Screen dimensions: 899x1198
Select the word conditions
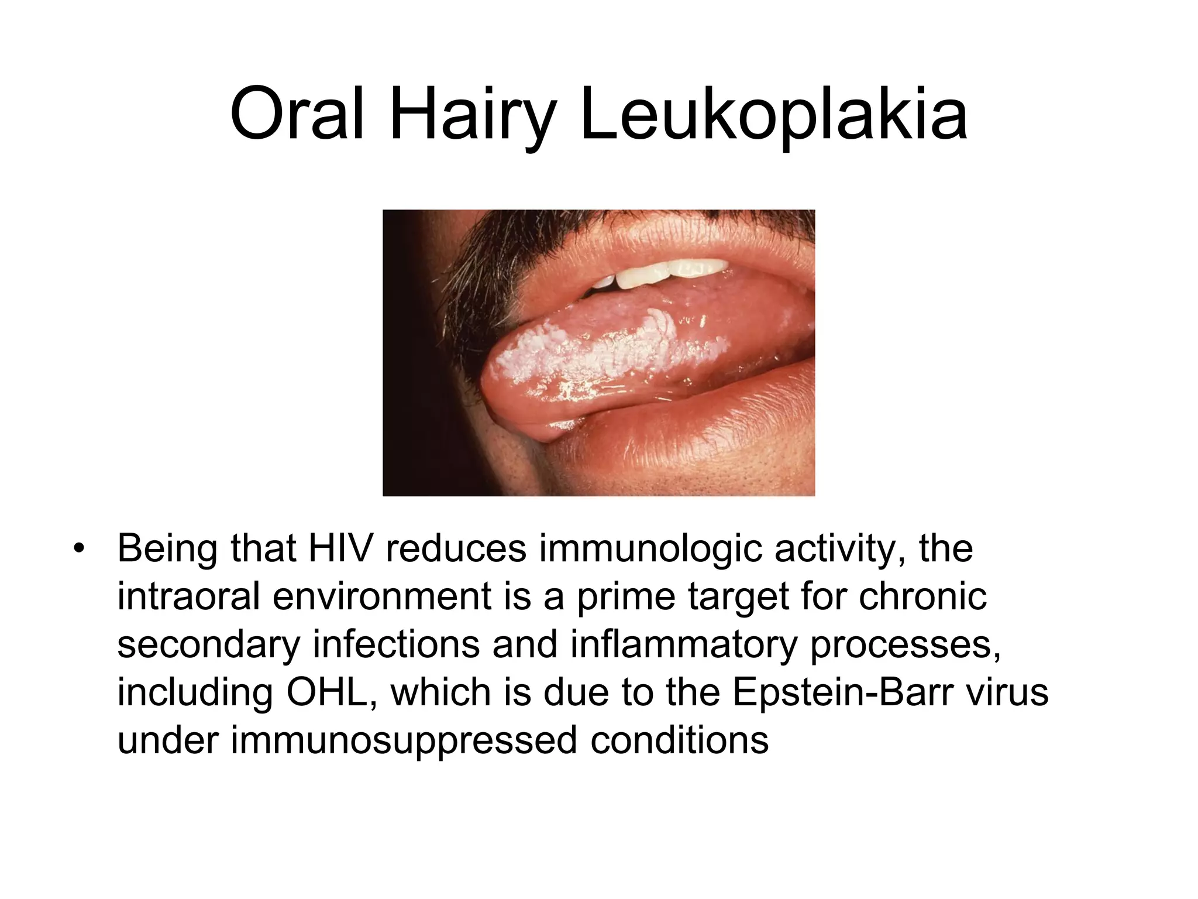679,740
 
